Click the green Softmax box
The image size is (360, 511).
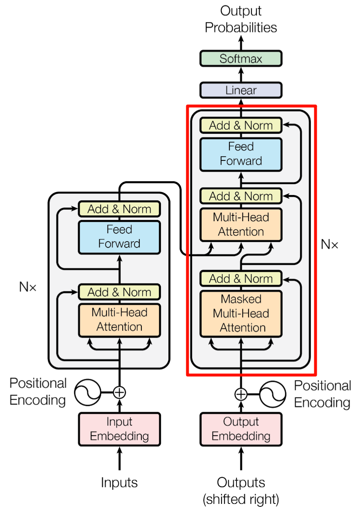click(x=241, y=59)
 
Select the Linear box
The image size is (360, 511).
click(x=241, y=90)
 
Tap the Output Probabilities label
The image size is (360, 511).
click(x=241, y=19)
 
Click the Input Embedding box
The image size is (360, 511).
click(x=119, y=429)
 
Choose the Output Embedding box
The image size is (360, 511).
click(x=241, y=429)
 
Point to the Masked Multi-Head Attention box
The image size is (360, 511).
click(x=241, y=314)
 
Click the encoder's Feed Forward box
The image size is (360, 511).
click(x=119, y=237)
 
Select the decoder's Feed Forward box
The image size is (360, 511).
click(x=241, y=154)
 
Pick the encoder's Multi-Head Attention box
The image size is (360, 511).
click(x=119, y=319)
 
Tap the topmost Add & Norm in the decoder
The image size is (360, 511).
click(x=241, y=125)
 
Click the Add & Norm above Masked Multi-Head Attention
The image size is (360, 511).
click(x=241, y=279)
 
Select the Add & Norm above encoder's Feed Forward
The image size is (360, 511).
click(x=119, y=209)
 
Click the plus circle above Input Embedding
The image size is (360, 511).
click(x=120, y=392)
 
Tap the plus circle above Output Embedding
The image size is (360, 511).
click(x=241, y=394)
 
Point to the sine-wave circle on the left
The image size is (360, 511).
click(x=88, y=392)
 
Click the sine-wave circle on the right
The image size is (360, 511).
click(x=273, y=394)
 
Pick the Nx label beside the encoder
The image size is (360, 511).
click(x=28, y=286)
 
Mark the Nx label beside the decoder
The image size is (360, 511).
click(x=330, y=244)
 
